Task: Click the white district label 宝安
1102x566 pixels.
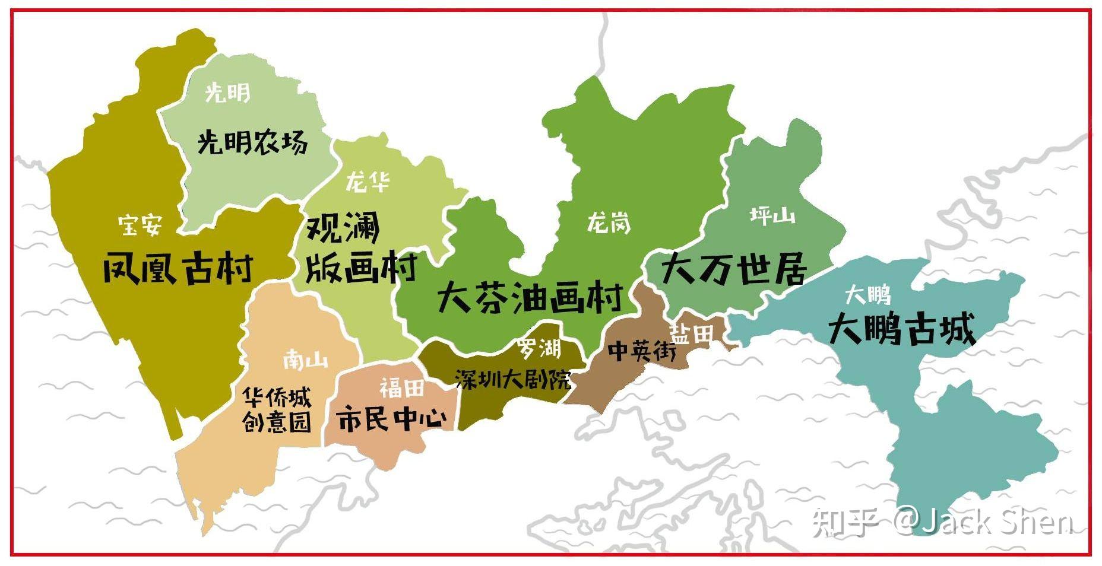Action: click(140, 225)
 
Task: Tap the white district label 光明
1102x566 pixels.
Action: click(227, 93)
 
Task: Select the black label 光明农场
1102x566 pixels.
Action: click(252, 142)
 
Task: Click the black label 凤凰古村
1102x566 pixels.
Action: click(178, 268)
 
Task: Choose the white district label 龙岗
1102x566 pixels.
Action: click(609, 223)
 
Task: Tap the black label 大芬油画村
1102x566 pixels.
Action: click(530, 297)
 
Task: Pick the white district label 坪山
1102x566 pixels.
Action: click(772, 215)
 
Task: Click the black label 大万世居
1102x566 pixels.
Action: click(734, 269)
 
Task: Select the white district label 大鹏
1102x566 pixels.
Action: click(867, 294)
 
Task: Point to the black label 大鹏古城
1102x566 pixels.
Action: click(901, 329)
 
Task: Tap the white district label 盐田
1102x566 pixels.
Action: click(691, 333)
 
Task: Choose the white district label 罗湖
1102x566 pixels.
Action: click(539, 348)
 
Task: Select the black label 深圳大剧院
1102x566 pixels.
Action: click(513, 379)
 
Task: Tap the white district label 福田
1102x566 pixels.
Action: click(402, 388)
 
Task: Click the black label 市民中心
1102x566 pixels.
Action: click(392, 419)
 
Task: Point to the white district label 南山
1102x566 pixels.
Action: click(305, 360)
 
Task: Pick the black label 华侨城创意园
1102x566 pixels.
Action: click(277, 409)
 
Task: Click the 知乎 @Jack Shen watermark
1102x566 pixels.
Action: click(943, 522)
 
